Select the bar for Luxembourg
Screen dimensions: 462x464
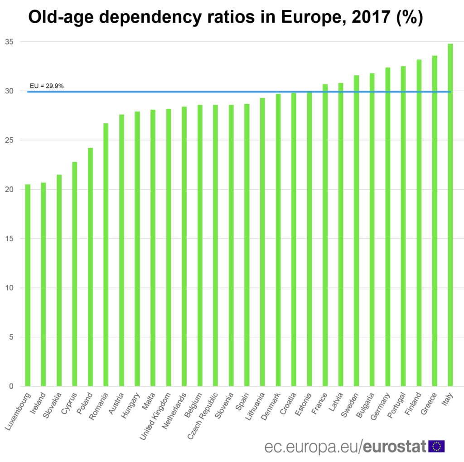pyautogui.click(x=28, y=285)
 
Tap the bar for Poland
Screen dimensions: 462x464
pyautogui.click(x=90, y=267)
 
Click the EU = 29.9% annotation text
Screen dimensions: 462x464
pyautogui.click(x=47, y=85)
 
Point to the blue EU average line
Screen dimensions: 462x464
pyautogui.click(x=227, y=92)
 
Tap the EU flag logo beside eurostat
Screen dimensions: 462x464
pyautogui.click(x=436, y=446)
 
